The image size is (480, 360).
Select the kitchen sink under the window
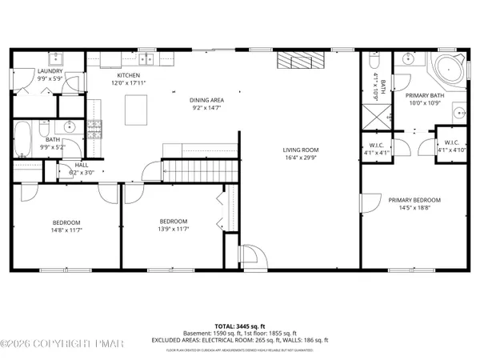pyautogui.click(x=146, y=58)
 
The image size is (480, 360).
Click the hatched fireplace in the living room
pyautogui.click(x=298, y=62)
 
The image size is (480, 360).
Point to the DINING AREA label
pyautogui.click(x=206, y=100)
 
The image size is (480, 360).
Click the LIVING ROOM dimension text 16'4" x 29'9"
pyautogui.click(x=302, y=158)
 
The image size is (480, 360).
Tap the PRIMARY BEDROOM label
pyautogui.click(x=414, y=200)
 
